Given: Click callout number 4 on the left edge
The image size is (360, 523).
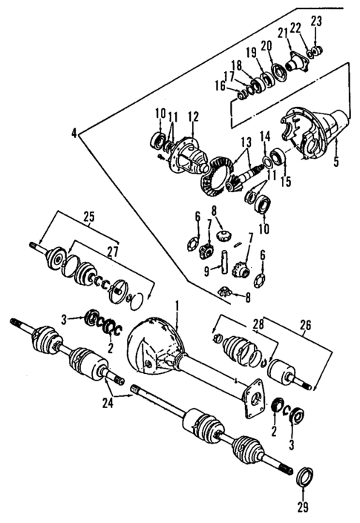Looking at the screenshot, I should point(74,134).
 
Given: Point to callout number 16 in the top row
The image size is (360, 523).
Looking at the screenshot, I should point(220,85).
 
